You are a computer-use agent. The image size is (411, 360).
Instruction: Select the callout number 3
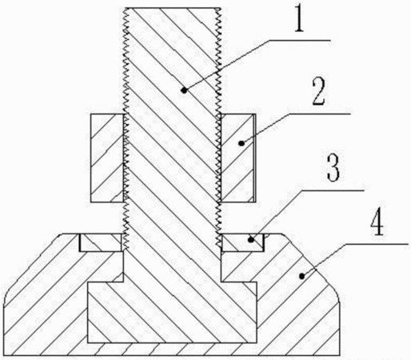click(333, 168)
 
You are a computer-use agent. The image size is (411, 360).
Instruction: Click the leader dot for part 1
click(184, 90)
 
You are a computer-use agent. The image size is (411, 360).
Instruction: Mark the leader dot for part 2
click(241, 143)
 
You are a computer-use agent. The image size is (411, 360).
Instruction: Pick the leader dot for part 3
click(251, 240)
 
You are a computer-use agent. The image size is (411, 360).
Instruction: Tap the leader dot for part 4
click(301, 276)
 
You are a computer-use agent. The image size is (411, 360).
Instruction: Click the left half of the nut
click(107, 158)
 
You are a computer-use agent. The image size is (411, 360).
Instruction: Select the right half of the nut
click(238, 158)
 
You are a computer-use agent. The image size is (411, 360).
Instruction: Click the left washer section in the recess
click(101, 242)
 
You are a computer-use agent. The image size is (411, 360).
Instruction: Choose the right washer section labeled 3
click(242, 242)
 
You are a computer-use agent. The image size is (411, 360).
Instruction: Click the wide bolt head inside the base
click(172, 312)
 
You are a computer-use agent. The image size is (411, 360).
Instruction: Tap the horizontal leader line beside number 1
click(299, 40)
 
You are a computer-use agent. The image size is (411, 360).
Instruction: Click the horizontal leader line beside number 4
click(377, 243)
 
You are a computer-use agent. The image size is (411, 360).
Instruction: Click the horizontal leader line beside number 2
click(319, 114)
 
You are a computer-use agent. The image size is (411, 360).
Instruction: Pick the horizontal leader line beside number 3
click(333, 190)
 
